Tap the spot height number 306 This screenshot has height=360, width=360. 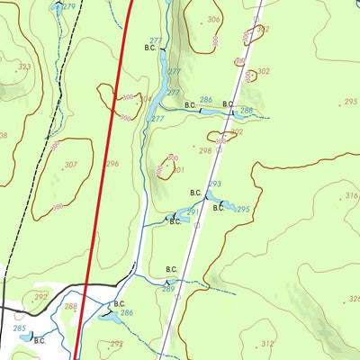click(213, 19)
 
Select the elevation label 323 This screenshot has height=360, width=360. click(24, 67)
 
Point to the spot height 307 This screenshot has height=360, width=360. click(70, 165)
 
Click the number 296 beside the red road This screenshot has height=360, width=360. click(112, 164)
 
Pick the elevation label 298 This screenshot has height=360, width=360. click(205, 150)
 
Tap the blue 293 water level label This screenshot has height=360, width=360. click(214, 184)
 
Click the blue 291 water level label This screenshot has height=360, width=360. click(193, 212)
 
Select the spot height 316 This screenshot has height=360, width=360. click(350, 195)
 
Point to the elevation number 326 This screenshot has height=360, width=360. click(354, 299)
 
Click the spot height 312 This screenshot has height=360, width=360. click(267, 344)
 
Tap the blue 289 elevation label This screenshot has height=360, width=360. click(167, 289)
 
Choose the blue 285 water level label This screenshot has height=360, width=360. click(20, 328)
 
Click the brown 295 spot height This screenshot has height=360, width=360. click(350, 103)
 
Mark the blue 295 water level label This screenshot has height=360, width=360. click(243, 208)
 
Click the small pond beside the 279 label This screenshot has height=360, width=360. click(56, 6)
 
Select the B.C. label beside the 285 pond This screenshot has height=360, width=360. click(40, 340)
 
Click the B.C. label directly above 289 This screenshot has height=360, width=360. click(171, 269)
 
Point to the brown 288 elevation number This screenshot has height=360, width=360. click(70, 307)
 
